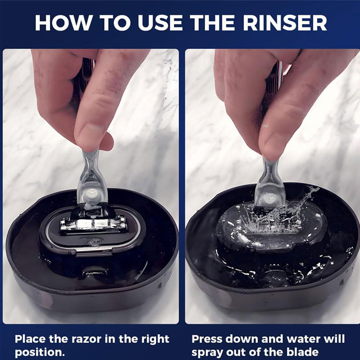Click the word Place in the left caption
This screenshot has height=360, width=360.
pos(31,339)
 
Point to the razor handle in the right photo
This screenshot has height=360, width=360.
pos(270,180)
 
